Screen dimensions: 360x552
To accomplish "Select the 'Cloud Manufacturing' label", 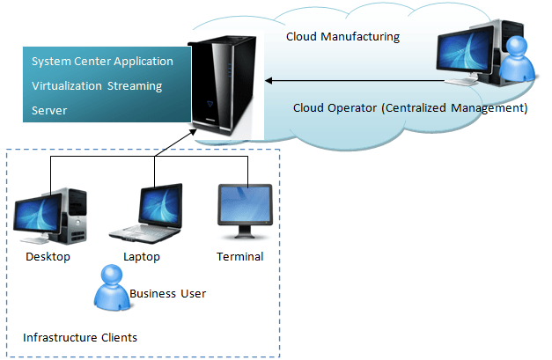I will (x=342, y=37).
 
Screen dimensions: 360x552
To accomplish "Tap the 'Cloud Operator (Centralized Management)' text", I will (x=409, y=108).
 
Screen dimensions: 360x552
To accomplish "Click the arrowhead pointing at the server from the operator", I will (x=269, y=81).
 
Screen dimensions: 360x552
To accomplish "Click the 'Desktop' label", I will (x=48, y=257).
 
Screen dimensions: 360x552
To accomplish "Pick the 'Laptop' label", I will (x=142, y=257).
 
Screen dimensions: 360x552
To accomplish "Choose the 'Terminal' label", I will (x=239, y=257).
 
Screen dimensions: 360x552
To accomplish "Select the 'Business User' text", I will (x=167, y=294).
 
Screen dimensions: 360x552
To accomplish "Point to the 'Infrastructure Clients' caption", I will (x=79, y=337).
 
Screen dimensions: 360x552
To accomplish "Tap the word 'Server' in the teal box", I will (x=49, y=111).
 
